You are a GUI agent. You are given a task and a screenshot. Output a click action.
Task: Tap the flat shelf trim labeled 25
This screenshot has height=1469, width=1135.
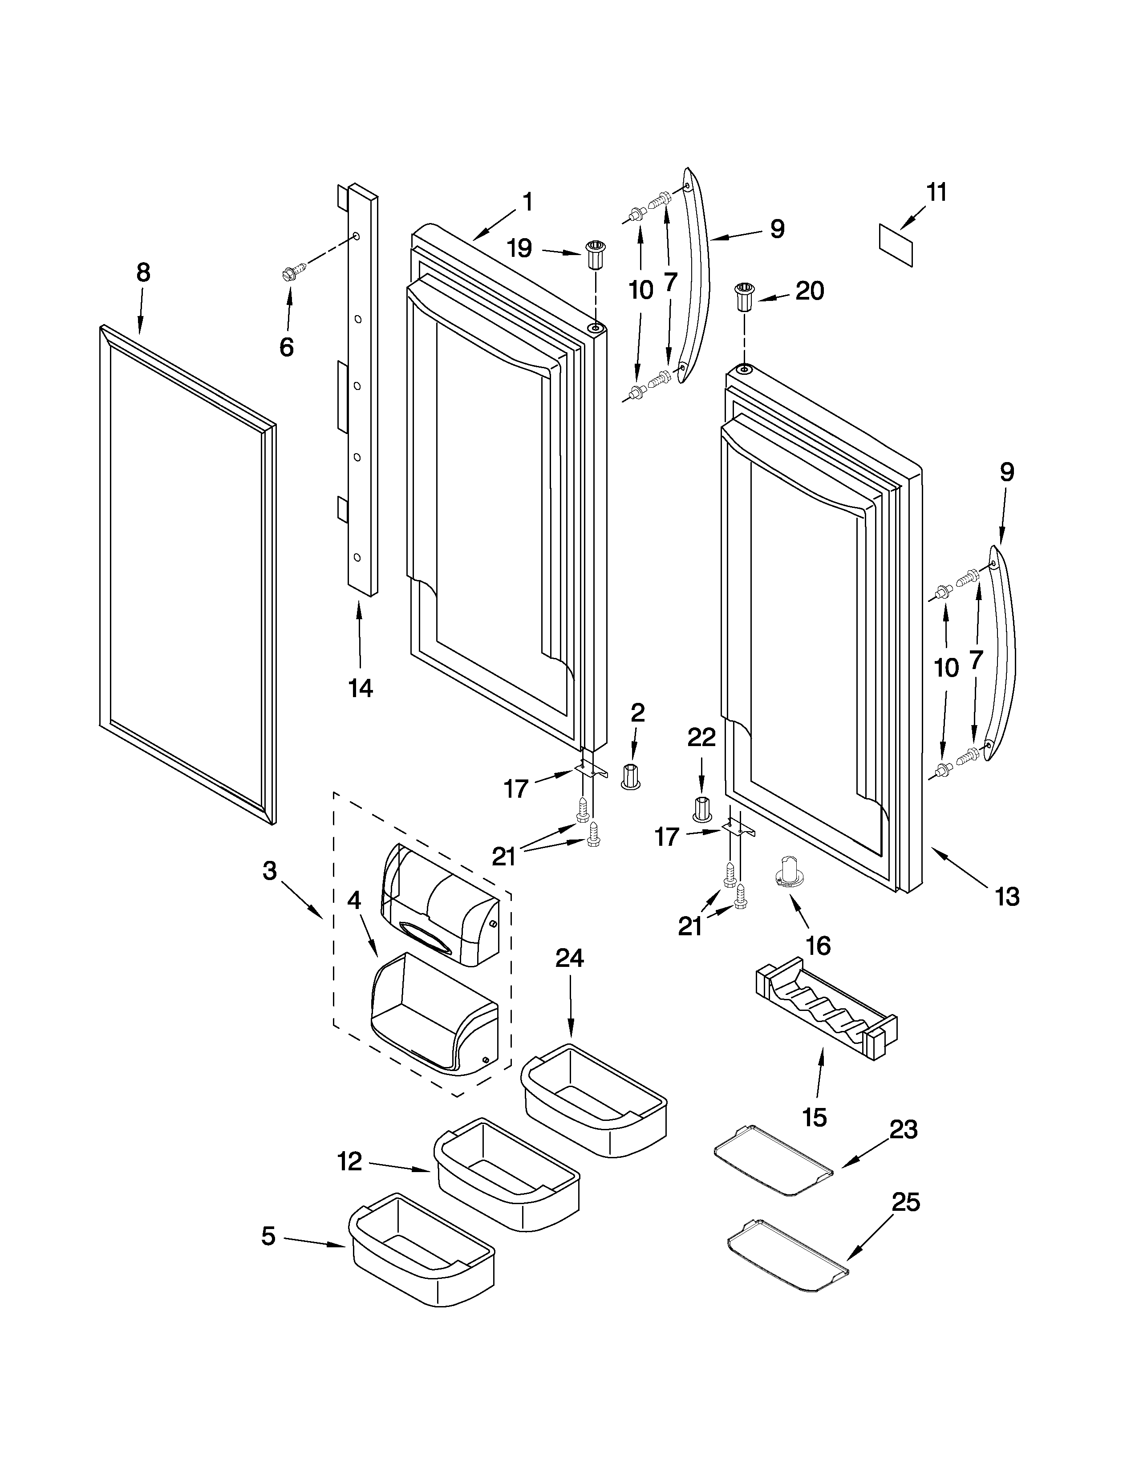pos(786,1254)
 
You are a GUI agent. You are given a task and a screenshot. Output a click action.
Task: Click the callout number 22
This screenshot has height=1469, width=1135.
pos(701,738)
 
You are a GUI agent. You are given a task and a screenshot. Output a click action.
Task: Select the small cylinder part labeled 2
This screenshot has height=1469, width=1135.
pos(630,776)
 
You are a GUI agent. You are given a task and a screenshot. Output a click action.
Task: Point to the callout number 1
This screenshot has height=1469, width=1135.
pos(528,202)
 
